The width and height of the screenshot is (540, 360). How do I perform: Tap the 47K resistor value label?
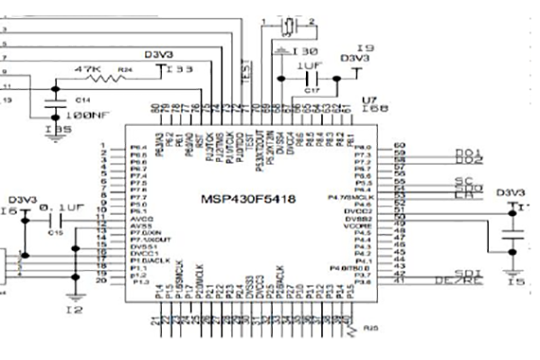88,68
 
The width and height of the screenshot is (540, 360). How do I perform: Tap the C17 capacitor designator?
310,91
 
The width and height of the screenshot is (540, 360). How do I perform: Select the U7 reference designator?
367,101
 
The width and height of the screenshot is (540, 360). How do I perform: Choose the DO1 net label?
469,151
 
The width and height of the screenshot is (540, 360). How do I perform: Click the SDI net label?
470,272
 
